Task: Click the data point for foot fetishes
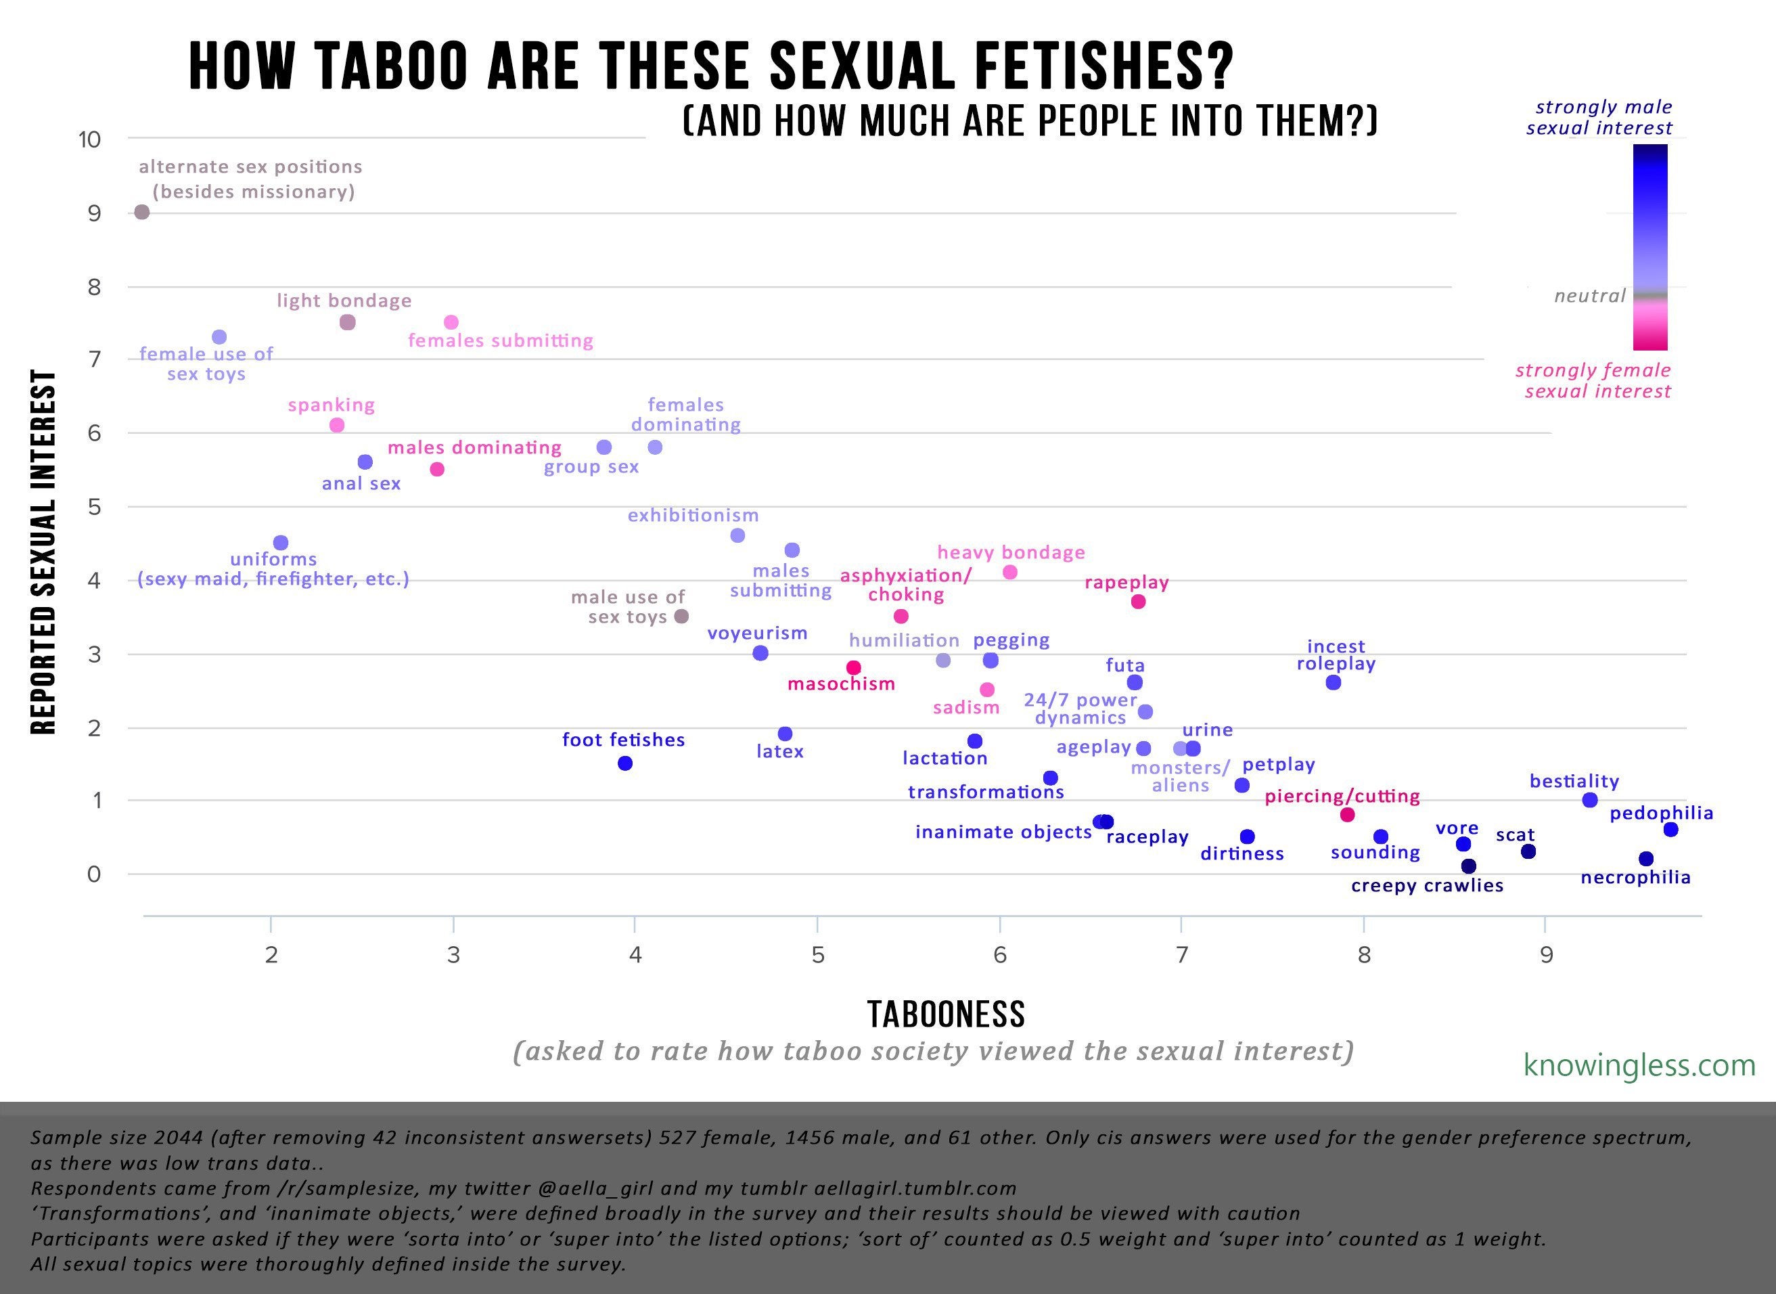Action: point(625,763)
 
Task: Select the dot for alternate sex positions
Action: point(141,213)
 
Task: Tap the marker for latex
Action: point(785,734)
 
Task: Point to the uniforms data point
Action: point(280,543)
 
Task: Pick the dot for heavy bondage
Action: point(1010,573)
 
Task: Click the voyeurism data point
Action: point(760,653)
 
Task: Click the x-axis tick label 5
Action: point(817,956)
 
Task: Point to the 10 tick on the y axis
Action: point(90,140)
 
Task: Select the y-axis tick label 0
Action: point(94,874)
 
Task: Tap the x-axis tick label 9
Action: point(1546,956)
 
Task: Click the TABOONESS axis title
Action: point(946,1014)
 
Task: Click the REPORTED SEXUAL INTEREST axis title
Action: point(45,552)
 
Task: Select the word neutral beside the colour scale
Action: point(1590,296)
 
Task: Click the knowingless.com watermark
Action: point(1639,1065)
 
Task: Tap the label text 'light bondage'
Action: point(344,300)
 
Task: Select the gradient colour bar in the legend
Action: point(1650,247)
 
